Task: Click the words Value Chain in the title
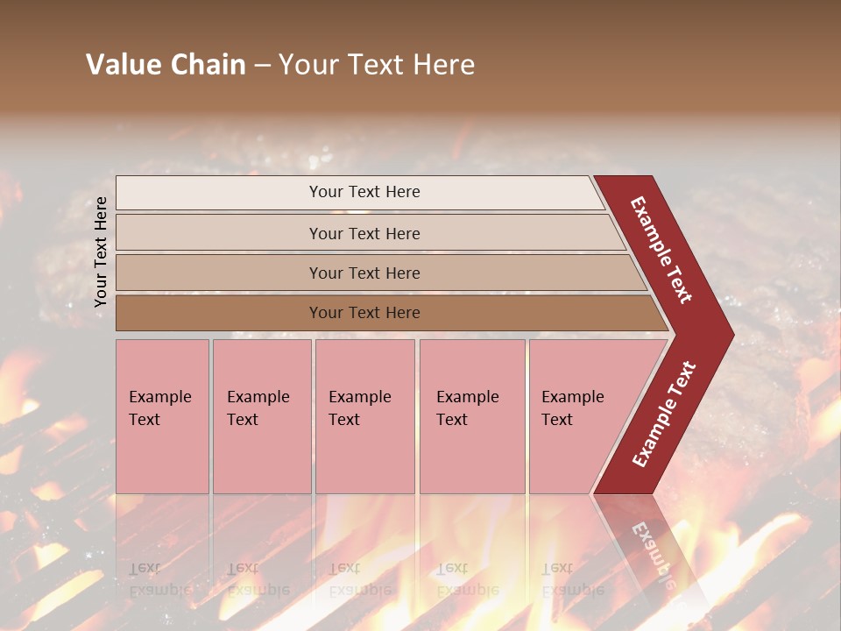(x=166, y=65)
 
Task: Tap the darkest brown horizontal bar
(x=219, y=313)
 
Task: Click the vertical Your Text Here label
(x=102, y=252)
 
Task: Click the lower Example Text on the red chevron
(x=664, y=415)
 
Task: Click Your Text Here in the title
(x=377, y=65)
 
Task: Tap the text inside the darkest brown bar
(x=364, y=313)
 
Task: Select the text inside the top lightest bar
(x=364, y=192)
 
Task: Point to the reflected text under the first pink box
(x=159, y=579)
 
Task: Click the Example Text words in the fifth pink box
(x=572, y=408)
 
